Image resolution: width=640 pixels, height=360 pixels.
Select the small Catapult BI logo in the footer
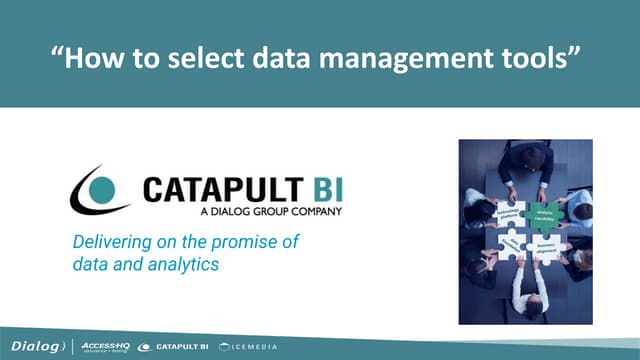[172, 346]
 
